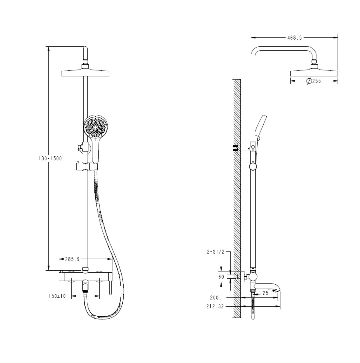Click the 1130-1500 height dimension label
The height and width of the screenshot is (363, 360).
(x=49, y=159)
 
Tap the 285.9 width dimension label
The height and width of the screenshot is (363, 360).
(x=72, y=259)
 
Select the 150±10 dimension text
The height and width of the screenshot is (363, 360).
(x=57, y=296)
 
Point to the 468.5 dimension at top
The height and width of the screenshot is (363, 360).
(x=295, y=38)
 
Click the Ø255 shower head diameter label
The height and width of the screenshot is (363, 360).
(x=314, y=81)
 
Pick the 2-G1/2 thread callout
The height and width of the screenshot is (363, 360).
(x=216, y=252)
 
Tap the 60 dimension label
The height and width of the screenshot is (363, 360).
(x=221, y=277)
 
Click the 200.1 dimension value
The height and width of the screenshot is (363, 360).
(x=217, y=298)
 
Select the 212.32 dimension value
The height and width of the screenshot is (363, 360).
(x=215, y=307)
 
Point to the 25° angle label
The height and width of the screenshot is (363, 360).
(x=266, y=293)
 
